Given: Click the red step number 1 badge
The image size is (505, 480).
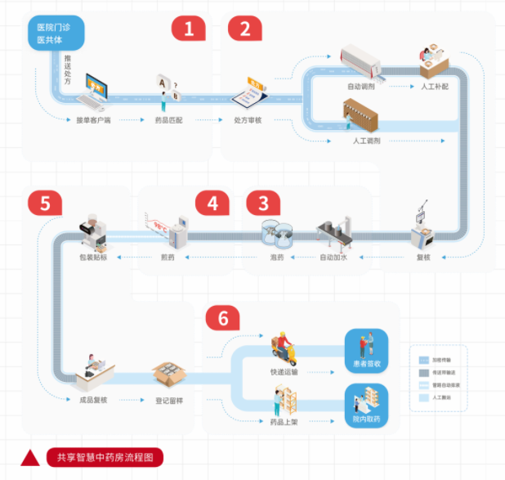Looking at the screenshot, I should [x=188, y=29].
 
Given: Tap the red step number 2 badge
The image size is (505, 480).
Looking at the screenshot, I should [x=243, y=29].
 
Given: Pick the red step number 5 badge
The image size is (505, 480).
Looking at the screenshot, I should [x=44, y=203].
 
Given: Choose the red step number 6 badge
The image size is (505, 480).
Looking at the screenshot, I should [x=222, y=319].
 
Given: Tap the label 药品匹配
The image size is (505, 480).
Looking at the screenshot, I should [x=168, y=120].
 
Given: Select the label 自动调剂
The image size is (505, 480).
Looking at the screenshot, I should [x=361, y=85].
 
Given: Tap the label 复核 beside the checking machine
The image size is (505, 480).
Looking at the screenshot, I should [x=422, y=258].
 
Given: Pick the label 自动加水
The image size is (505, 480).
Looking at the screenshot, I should [x=333, y=258].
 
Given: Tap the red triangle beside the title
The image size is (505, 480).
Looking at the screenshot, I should [x=30, y=458].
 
